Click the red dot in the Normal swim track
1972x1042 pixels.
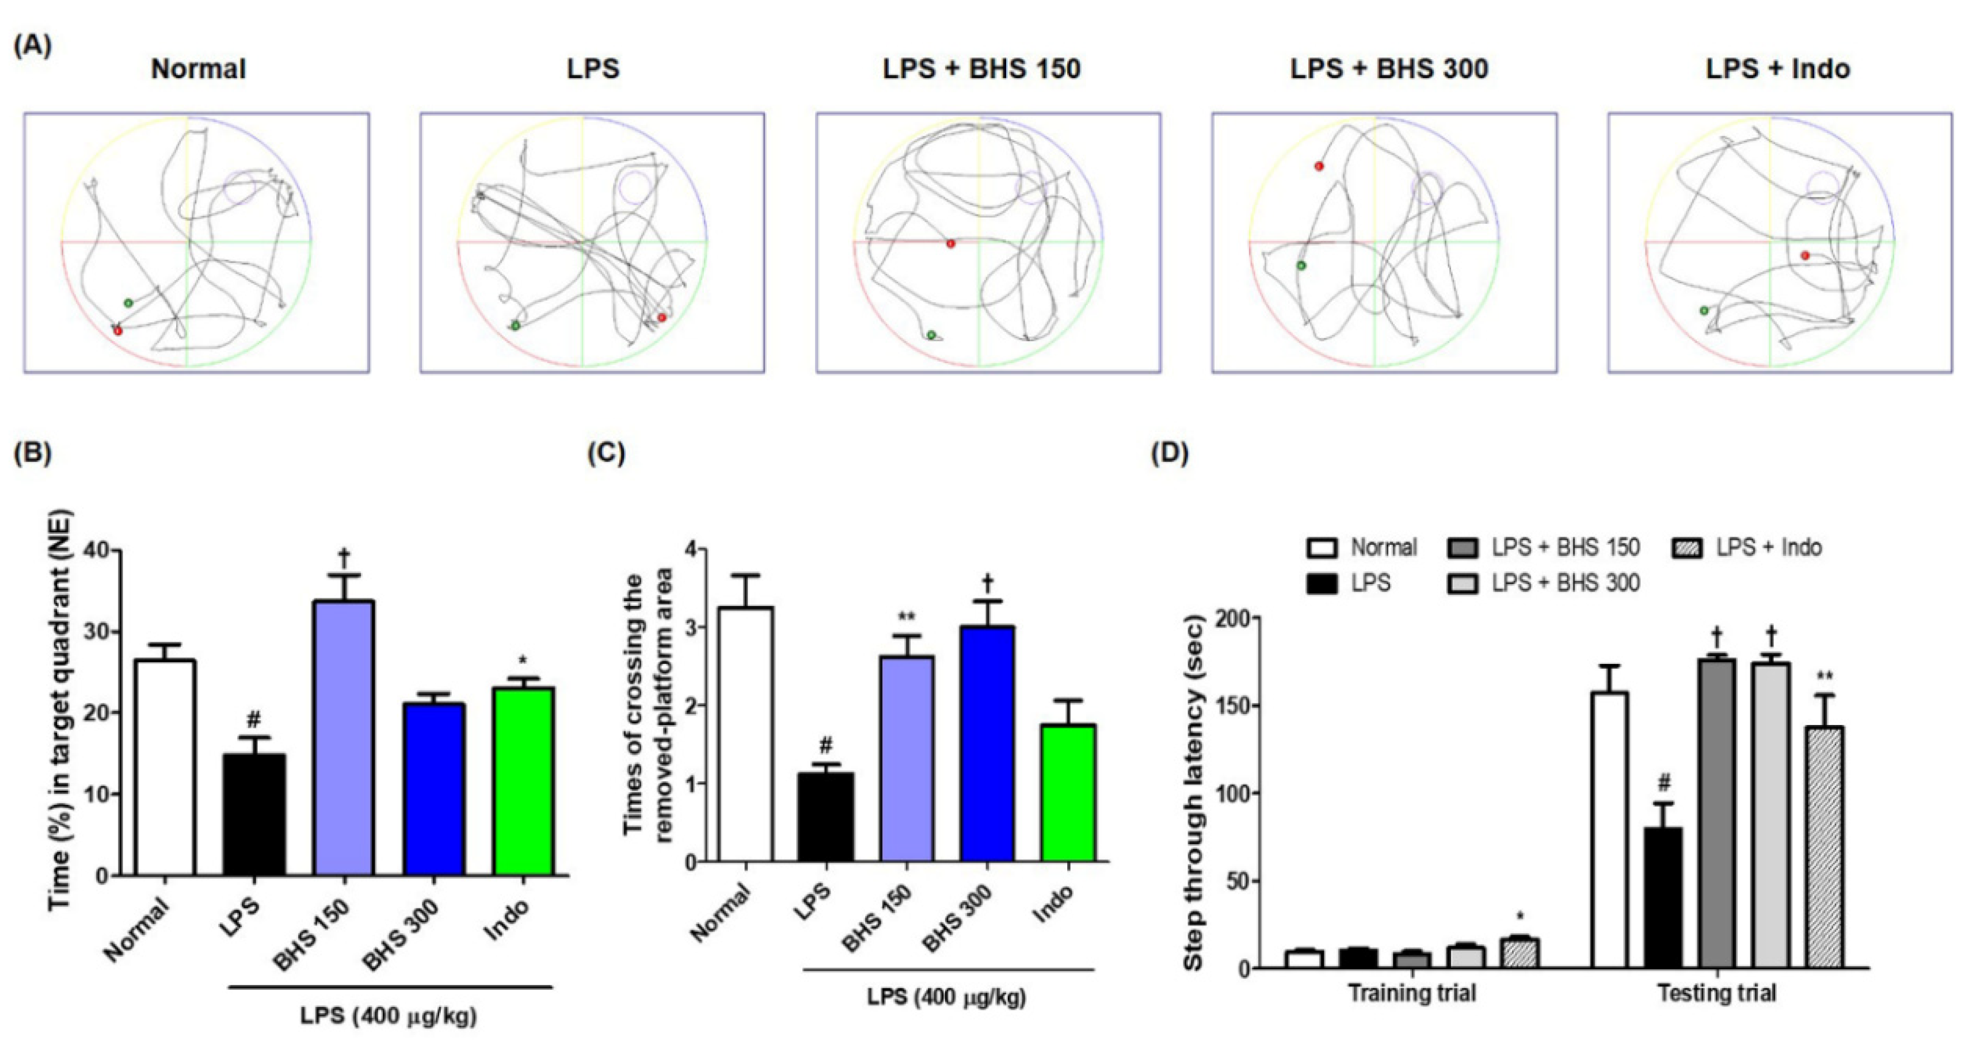point(117,330)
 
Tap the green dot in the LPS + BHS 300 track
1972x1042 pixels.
point(1301,265)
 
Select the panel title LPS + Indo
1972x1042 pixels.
point(1777,69)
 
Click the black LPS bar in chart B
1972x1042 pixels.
point(254,815)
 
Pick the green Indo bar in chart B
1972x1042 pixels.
point(524,781)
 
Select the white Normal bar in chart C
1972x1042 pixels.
point(745,734)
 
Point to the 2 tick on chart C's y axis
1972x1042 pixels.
point(692,705)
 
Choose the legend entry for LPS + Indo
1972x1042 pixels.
point(1747,548)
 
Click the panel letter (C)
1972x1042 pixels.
point(606,453)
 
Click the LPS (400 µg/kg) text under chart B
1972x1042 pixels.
point(388,1016)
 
